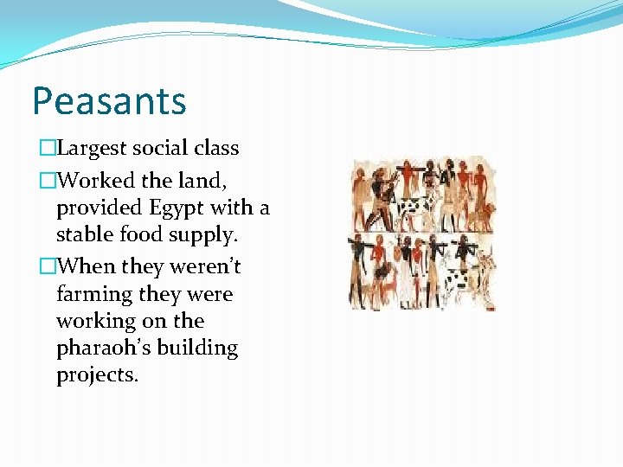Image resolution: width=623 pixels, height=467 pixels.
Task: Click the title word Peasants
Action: tap(109, 101)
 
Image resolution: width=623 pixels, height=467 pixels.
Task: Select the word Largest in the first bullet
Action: tap(92, 149)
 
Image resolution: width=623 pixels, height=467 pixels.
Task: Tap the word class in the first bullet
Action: tap(216, 149)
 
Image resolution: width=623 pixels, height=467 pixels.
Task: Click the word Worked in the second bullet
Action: tap(92, 182)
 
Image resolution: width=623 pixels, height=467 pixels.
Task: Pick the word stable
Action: tap(83, 235)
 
